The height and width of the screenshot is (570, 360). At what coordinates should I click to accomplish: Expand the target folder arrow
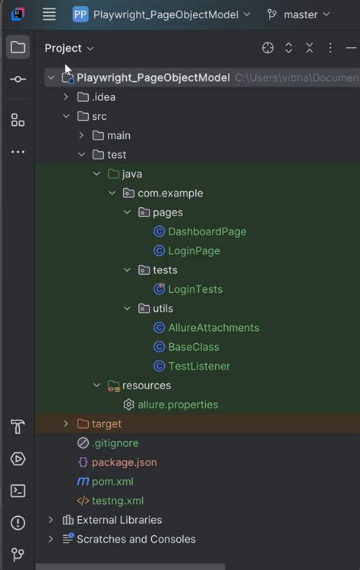click(66, 424)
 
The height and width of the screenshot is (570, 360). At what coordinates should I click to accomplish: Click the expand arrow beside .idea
click(66, 97)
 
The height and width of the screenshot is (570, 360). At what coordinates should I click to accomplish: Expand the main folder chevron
click(81, 136)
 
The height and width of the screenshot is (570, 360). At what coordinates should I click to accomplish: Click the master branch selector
click(298, 14)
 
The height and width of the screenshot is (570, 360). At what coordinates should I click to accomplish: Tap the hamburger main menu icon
click(49, 14)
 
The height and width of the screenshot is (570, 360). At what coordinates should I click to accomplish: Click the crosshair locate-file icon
click(267, 48)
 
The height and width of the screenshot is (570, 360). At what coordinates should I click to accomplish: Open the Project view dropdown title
click(69, 48)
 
